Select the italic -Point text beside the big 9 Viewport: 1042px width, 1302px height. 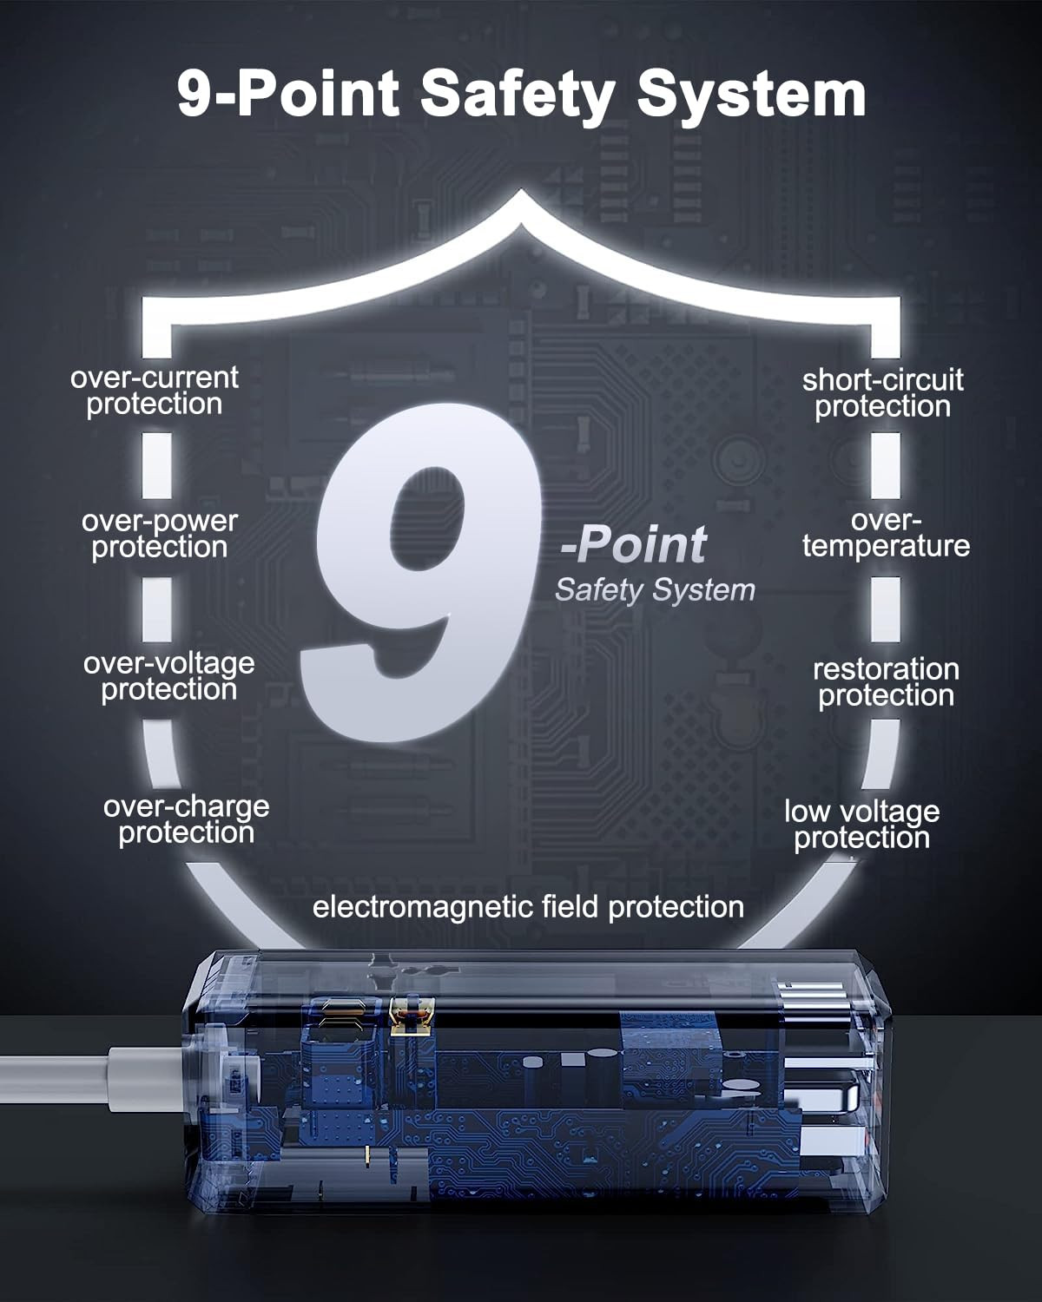point(634,543)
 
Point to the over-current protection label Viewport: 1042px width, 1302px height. point(155,391)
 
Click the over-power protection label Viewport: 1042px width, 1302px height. point(160,534)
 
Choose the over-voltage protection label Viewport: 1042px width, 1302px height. point(169,676)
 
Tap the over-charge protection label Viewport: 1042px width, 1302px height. point(186,819)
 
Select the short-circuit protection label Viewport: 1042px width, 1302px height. point(883,393)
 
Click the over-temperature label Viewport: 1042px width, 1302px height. point(886,533)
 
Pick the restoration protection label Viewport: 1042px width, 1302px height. point(886,682)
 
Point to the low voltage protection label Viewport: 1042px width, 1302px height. point(862,824)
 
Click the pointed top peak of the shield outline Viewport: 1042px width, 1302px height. point(521,193)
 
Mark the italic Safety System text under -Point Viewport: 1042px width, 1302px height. point(655,590)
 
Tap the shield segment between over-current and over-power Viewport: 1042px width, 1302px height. point(157,464)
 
